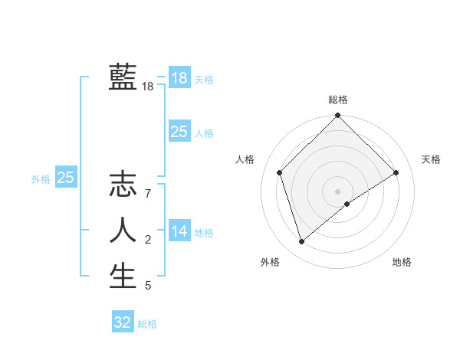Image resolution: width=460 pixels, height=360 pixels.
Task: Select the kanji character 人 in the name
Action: (123, 230)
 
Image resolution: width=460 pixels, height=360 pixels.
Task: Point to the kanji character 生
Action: (123, 276)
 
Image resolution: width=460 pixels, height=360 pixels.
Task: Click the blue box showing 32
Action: (123, 322)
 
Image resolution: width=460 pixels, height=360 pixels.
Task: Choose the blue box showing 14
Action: (179, 231)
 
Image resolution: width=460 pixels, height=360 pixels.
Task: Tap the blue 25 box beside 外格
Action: (66, 178)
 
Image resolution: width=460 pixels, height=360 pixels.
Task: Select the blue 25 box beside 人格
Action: (179, 132)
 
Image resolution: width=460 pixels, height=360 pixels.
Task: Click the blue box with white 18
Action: (179, 78)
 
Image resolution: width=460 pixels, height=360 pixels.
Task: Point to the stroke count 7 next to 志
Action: (148, 194)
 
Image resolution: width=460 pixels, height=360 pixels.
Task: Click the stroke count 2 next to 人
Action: (148, 241)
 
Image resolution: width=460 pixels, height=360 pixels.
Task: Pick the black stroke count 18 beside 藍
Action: (148, 87)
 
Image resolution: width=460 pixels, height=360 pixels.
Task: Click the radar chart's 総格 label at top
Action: (338, 100)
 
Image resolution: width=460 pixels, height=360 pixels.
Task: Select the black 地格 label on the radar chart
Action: (402, 262)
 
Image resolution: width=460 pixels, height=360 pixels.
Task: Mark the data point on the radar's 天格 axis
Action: (396, 172)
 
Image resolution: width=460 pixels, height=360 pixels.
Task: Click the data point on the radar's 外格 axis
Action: (302, 242)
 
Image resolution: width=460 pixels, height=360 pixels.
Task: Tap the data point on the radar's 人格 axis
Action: (280, 172)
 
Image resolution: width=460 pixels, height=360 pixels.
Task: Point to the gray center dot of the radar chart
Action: (338, 191)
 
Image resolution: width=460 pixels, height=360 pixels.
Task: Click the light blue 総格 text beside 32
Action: (148, 324)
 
